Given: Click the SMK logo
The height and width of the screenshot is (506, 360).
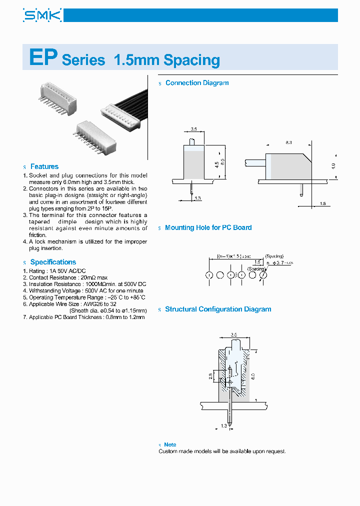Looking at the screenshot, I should point(42,15).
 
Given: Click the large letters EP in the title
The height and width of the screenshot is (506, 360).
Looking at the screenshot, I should point(43,58).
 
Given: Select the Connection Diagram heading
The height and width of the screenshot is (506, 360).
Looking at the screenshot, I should point(197,83).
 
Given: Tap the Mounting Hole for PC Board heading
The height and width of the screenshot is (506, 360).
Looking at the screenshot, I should point(208,227).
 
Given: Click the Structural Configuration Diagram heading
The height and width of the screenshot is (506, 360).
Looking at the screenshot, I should point(218,309).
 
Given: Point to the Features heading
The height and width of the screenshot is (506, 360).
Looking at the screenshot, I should point(44,166).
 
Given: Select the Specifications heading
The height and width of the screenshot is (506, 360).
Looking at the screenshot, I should point(53,262).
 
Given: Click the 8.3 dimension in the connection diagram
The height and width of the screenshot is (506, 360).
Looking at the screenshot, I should point(289,143).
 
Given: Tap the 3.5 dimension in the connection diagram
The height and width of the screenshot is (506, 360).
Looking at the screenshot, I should point(193,129).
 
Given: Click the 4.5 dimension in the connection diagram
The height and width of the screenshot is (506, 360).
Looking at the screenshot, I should point(216,164).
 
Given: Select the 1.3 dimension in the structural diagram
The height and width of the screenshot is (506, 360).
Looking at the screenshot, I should point(223,425).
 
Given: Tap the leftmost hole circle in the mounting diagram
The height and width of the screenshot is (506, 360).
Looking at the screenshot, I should point(209,275).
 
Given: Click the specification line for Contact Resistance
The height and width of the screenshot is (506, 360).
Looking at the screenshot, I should point(68,277).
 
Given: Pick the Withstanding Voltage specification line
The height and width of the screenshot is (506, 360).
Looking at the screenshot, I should point(86,290).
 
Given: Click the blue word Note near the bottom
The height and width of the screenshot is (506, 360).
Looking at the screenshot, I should point(170,444).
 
